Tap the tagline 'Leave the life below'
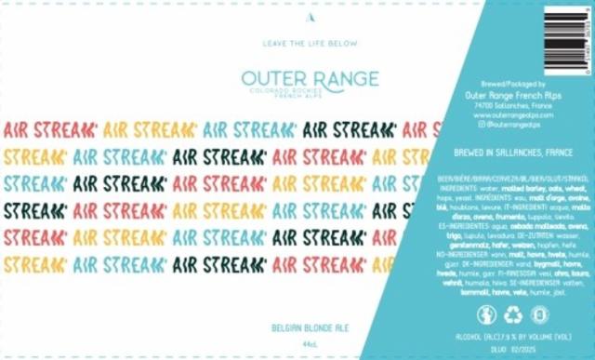[297, 43]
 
